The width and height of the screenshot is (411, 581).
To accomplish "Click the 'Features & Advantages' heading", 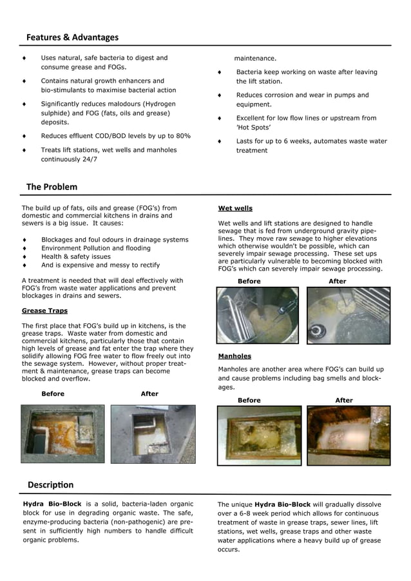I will coord(72,37).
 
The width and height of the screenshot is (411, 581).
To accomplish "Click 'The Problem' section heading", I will coord(52,187).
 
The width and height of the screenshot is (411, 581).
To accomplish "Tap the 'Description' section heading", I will coord(50,484).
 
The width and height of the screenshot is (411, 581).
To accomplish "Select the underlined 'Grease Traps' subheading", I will coord(43,310).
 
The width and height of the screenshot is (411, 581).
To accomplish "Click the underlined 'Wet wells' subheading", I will coord(235,208).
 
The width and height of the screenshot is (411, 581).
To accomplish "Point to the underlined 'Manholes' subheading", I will coord(234,356).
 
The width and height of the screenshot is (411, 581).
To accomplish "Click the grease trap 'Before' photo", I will coord(62,433).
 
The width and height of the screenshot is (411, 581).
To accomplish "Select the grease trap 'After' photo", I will coord(153,433).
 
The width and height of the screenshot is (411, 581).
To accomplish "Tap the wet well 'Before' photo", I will coord(258,315).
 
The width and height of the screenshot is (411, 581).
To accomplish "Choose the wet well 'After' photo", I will coord(348,315).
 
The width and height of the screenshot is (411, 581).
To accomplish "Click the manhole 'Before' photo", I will coord(259,435).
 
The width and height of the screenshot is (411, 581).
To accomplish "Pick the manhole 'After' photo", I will coord(348,435).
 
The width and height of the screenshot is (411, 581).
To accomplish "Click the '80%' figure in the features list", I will coord(183,136).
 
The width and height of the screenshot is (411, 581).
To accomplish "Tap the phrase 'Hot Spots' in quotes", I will coord(253,128).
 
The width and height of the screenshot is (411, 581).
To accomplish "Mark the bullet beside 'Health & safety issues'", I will coord(24,256).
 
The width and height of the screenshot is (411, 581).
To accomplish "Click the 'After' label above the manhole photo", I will coord(344,400).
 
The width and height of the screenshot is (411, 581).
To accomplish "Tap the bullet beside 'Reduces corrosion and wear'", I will coord(220,95).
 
